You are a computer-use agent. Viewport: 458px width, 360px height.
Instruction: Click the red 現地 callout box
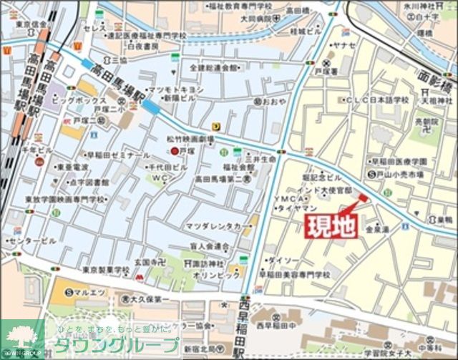(331, 225)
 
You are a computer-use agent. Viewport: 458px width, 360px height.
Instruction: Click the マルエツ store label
(87, 291)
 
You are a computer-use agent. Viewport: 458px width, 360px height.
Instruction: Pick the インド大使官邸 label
(327, 190)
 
